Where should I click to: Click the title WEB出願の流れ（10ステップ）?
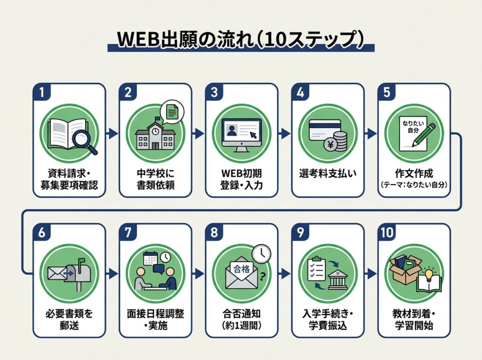241,39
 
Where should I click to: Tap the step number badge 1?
41,92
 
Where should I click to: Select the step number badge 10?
387,232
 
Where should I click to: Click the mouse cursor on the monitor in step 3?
253,135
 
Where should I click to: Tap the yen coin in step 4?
331,144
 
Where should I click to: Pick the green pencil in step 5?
424,135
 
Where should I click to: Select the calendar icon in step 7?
150,258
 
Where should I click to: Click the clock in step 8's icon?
261,254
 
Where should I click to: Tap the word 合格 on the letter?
241,269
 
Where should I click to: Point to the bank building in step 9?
337,280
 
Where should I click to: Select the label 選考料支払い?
328,173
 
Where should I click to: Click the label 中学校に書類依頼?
155,179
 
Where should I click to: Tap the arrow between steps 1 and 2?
112,134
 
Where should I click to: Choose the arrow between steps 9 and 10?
371,273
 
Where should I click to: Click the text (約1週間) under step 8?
241,326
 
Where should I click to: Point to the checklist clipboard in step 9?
316,268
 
